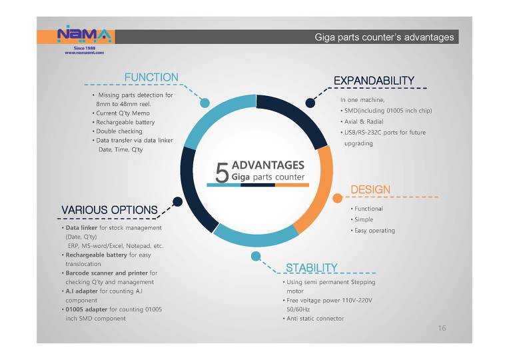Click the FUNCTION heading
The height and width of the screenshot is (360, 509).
coord(151,77)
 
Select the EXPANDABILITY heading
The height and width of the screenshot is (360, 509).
coord(374,81)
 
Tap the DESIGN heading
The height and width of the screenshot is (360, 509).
coord(370,189)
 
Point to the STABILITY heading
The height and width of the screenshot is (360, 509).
coord(311,268)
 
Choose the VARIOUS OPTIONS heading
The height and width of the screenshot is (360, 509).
coord(109,210)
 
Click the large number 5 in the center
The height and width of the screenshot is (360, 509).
coord(222,173)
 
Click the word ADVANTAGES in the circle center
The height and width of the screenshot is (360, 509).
coord(268,165)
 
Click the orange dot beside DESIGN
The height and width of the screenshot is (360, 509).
coord(338,198)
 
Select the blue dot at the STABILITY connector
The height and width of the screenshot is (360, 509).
coord(256,257)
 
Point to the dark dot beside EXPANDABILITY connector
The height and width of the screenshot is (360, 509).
coord(310,103)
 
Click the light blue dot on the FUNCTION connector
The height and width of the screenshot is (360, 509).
coord(205,103)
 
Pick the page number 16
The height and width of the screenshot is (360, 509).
coord(442,328)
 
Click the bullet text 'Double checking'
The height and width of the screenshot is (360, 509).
coord(119,131)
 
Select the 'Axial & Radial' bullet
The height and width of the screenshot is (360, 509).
coord(364,121)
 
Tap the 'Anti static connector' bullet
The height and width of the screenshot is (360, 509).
coord(315,319)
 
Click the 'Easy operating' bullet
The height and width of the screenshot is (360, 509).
coord(374,231)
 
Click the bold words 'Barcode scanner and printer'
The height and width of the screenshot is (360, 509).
coord(107,273)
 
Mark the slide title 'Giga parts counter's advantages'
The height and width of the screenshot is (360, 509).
coord(384,37)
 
